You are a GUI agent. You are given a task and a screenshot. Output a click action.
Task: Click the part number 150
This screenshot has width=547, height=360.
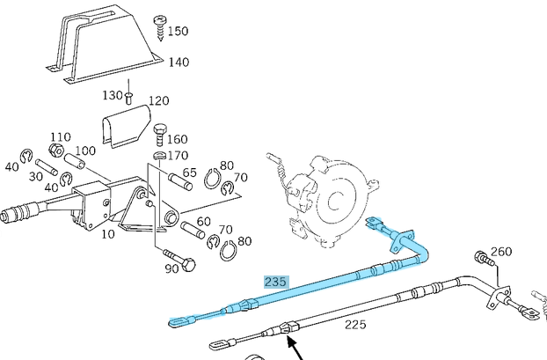point(178,32)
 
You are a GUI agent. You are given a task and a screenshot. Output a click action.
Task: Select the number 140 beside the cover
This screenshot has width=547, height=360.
point(179,62)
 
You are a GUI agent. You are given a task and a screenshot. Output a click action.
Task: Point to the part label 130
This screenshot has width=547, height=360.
point(113,95)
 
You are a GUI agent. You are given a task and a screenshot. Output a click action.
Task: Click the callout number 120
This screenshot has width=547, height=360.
point(157,101)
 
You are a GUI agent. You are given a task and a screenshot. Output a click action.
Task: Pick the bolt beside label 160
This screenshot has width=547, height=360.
point(159,135)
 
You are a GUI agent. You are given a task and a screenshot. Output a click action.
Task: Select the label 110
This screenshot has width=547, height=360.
point(61,137)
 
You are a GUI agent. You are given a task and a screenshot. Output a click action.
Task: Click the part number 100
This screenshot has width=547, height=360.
point(84,151)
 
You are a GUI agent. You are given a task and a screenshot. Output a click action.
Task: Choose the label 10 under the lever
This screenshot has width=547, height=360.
point(107,234)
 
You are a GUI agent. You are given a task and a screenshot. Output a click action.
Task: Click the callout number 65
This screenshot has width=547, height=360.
point(189,174)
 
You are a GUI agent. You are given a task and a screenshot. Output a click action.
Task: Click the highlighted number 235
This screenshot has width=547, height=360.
point(276,283)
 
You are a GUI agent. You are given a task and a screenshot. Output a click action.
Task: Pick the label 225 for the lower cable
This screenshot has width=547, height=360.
point(354,325)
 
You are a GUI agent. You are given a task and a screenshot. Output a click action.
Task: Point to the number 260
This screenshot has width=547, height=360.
point(500,252)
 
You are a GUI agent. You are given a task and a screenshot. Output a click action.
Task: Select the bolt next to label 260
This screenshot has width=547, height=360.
point(482,259)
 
